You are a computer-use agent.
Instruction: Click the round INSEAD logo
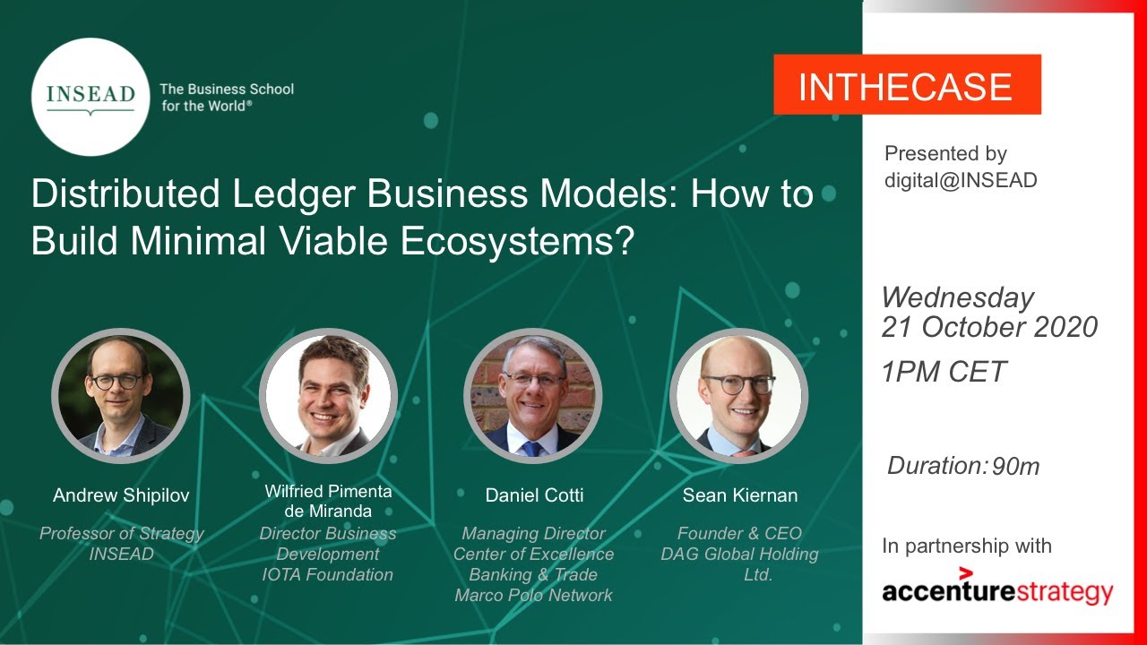(x=90, y=97)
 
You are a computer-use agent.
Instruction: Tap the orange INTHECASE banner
(x=906, y=85)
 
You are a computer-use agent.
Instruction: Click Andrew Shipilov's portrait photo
(x=120, y=395)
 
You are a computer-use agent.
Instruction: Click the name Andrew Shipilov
(x=121, y=495)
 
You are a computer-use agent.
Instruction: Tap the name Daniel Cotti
(x=533, y=495)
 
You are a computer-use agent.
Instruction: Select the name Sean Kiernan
(x=739, y=495)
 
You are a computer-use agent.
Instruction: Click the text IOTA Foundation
(x=327, y=575)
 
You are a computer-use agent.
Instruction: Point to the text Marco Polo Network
(x=533, y=596)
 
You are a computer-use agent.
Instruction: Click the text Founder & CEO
(x=739, y=534)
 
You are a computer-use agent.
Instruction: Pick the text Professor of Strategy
(x=121, y=534)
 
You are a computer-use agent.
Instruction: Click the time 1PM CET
(x=943, y=372)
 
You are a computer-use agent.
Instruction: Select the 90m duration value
(x=1015, y=467)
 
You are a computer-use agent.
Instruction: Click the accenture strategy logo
(x=996, y=589)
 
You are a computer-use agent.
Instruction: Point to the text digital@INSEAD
(x=960, y=180)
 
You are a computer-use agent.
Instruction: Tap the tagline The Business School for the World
(x=226, y=97)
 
